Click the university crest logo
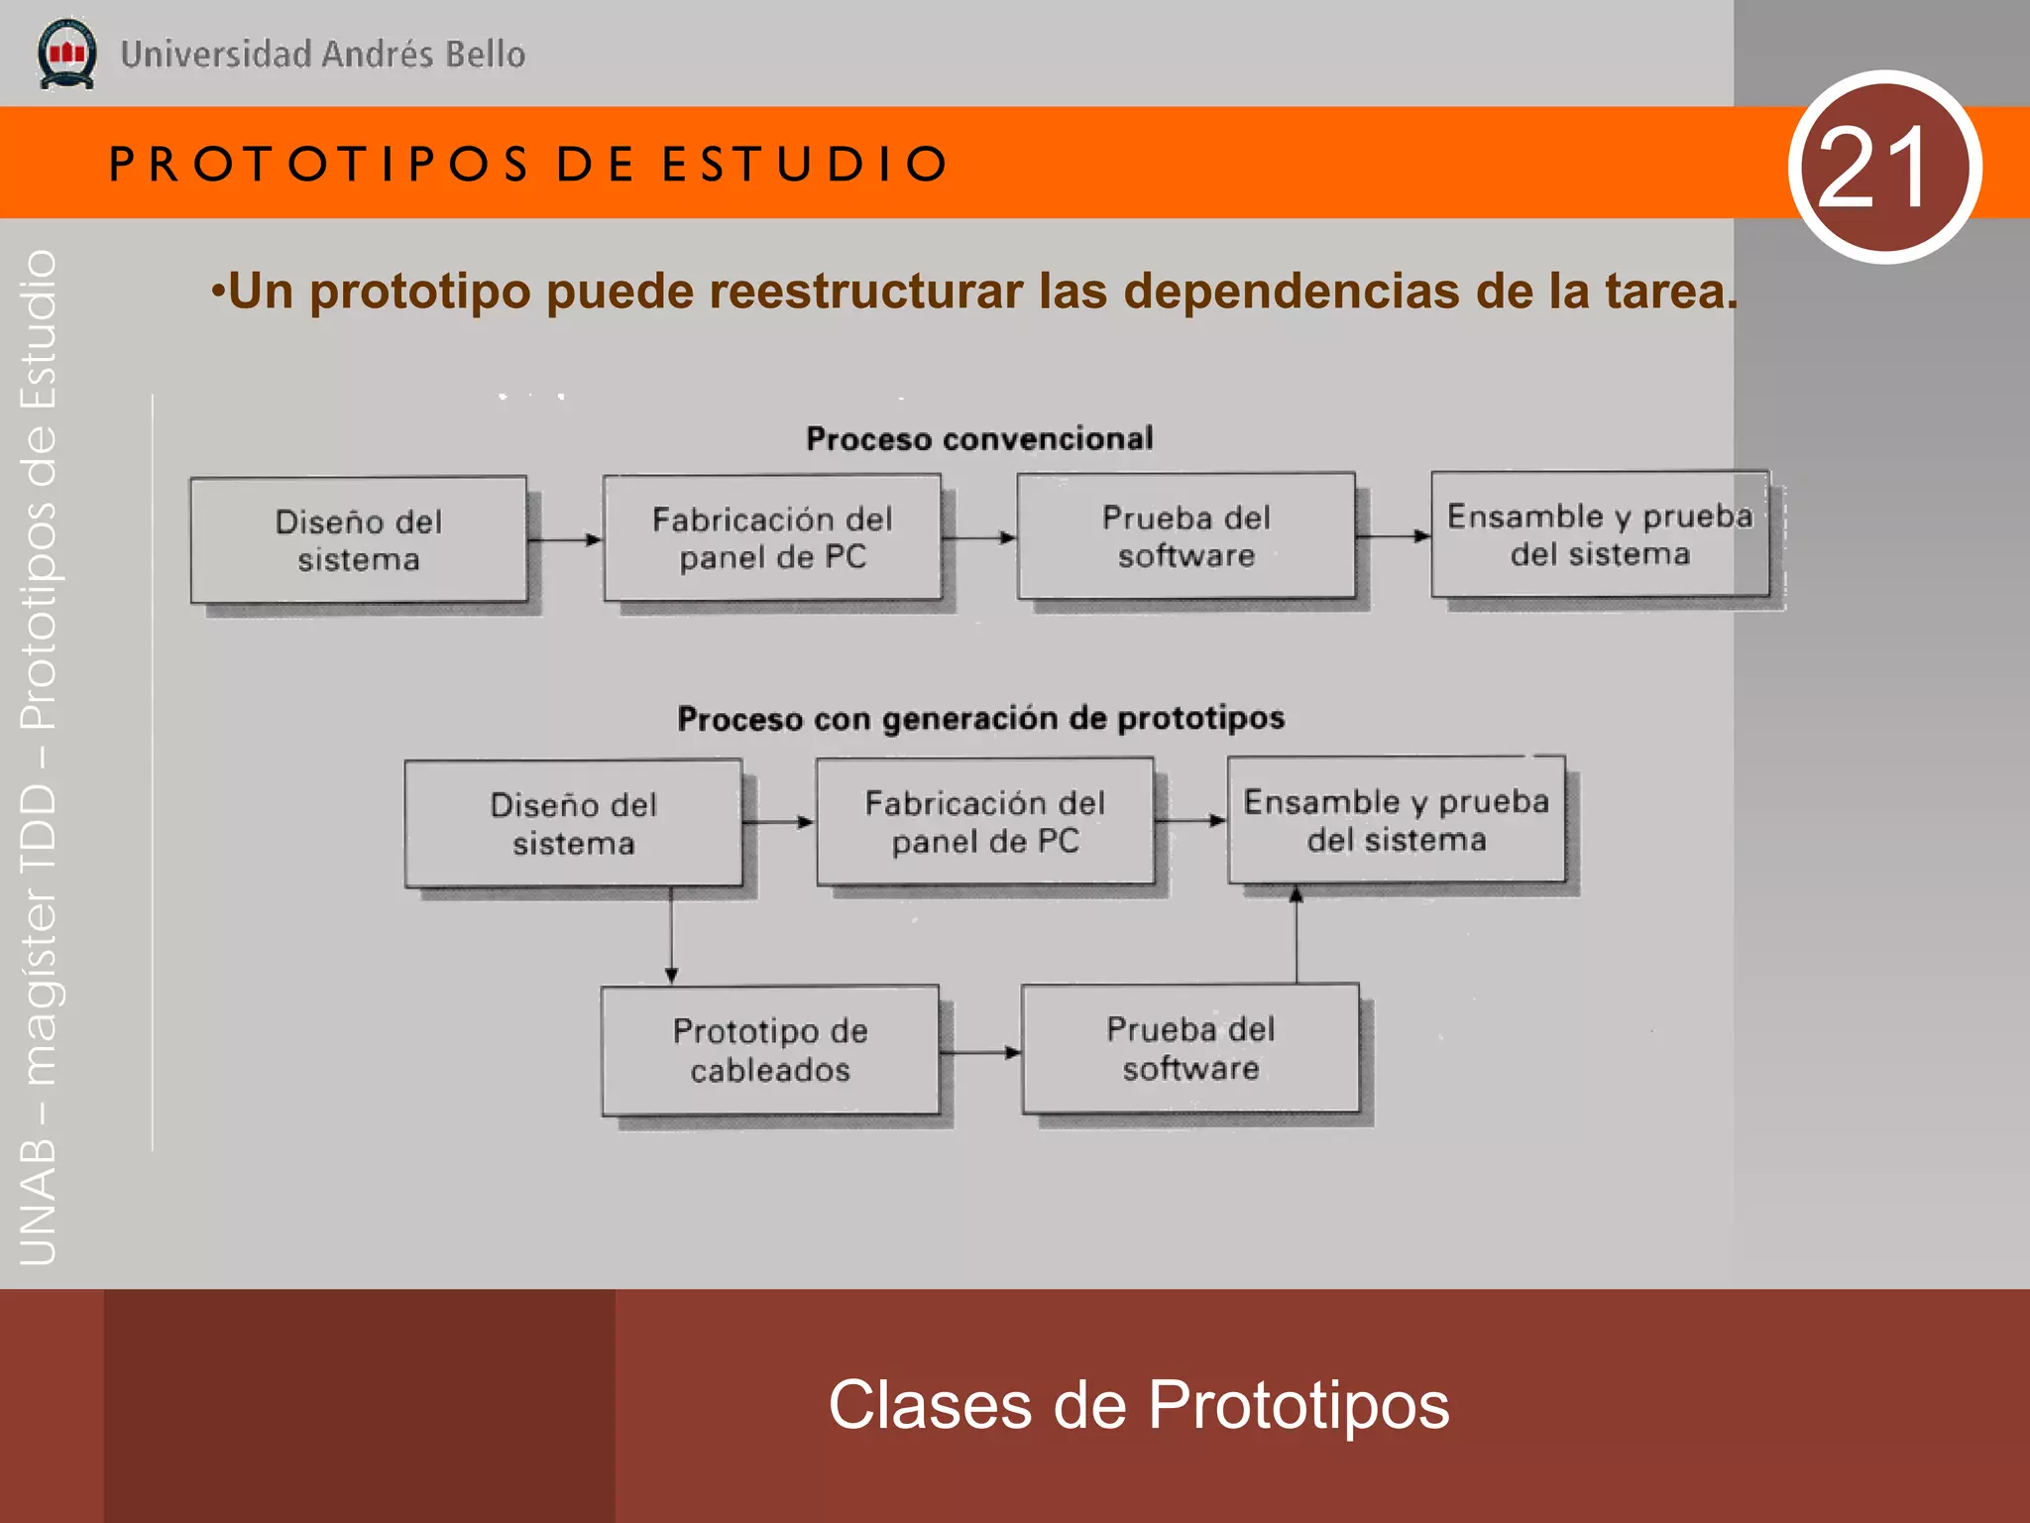pos(66,54)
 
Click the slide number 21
pos(1883,167)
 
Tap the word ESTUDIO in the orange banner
pos(805,164)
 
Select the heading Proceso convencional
pos(979,438)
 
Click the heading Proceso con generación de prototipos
pos(980,718)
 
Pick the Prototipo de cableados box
pos(770,1050)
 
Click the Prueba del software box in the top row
pos(1186,536)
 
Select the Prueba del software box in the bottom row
pos(1190,1048)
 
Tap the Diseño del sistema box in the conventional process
pos(359,540)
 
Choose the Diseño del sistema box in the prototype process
pos(573,823)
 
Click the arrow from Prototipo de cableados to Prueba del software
pos(979,1052)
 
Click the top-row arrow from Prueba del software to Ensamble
pos(1392,536)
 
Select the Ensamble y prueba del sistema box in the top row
pos(1600,534)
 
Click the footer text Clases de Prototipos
pos(1138,1405)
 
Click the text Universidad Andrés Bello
pos(322,54)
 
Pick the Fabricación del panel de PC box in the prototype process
pos(985,821)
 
